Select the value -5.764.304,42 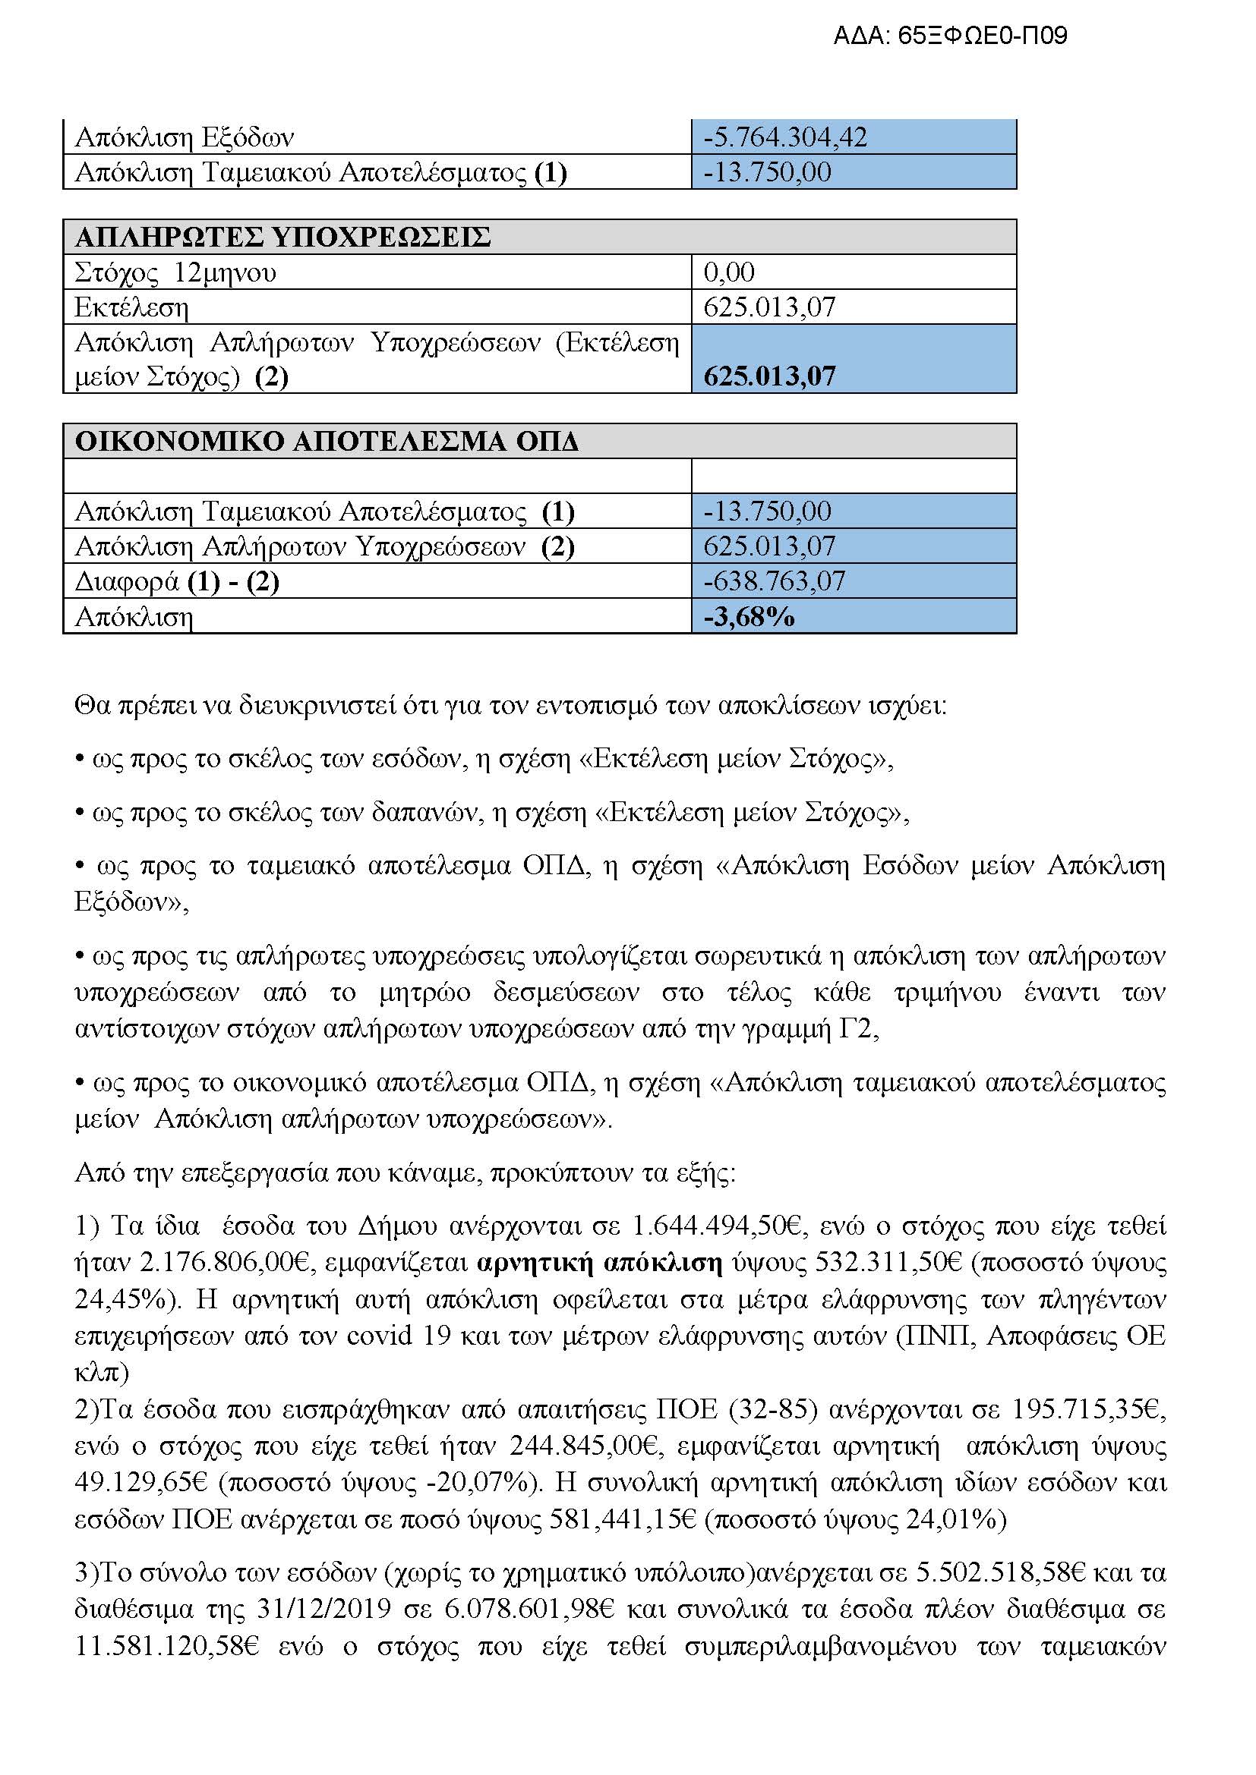(x=785, y=137)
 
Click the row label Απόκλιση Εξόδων (x=184, y=138)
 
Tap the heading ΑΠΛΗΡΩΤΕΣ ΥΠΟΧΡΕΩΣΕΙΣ (x=282, y=238)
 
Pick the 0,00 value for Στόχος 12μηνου (x=728, y=272)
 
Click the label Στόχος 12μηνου (x=175, y=273)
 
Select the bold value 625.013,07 (x=769, y=376)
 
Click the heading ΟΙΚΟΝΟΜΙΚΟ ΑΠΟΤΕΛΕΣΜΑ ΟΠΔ (x=327, y=442)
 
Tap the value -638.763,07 (x=774, y=581)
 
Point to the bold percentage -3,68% (x=749, y=617)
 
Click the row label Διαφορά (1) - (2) (x=176, y=581)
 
